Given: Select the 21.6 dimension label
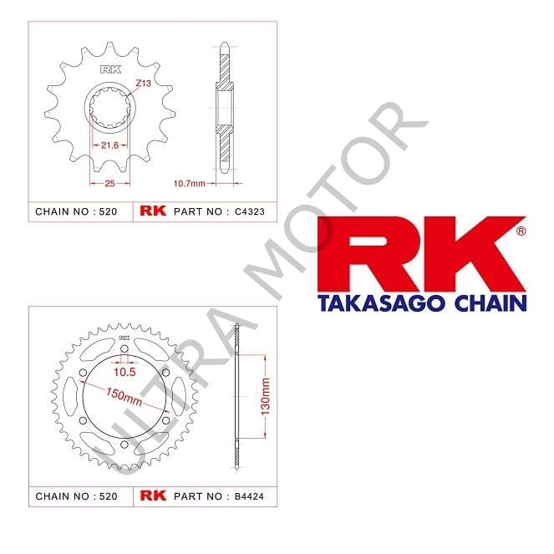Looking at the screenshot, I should pos(109,145).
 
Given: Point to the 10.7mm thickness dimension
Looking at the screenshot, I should pos(191,182).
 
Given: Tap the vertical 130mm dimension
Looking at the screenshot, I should pos(265,398).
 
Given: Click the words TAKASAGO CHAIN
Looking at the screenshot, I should pos(422,302).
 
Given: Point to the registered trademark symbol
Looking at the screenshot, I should pos(521,229).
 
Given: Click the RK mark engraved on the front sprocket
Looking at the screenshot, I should pos(110,70).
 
